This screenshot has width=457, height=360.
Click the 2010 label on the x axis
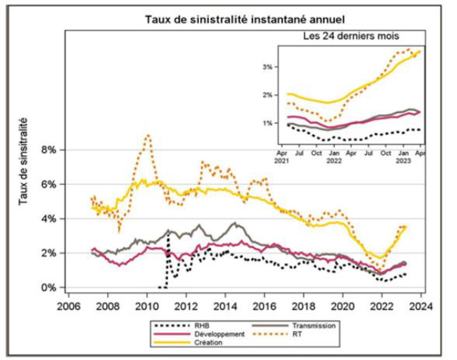pos(147,305)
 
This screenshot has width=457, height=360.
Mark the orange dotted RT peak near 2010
pos(148,135)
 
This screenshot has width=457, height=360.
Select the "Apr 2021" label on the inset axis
pos(282,157)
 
